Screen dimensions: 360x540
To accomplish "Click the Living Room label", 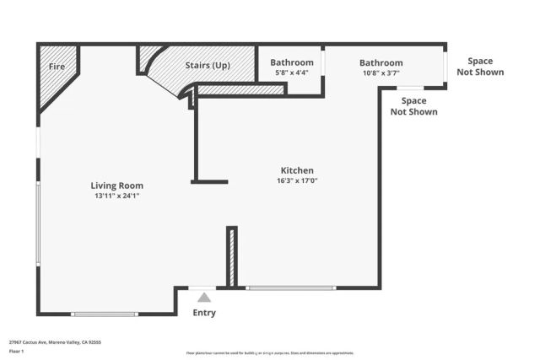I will (117, 185).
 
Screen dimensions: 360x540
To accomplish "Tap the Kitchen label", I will (297, 169).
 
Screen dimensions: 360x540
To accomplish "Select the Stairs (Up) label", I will (208, 65).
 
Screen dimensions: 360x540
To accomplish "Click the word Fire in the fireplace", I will (57, 66).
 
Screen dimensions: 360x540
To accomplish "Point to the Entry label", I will (204, 313).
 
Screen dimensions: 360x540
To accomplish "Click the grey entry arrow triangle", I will (204, 297).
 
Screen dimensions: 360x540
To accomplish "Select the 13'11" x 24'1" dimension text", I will (117, 196).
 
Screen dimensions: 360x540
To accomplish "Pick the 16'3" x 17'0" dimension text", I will (297, 180).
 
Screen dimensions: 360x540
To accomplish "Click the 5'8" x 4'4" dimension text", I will (292, 73).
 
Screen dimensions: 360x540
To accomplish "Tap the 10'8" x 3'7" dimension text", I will (381, 73).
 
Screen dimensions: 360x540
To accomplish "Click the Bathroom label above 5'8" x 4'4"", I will (292, 62).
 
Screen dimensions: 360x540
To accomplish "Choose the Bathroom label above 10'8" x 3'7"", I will (381, 62).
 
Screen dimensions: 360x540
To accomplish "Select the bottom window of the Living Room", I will (105, 314).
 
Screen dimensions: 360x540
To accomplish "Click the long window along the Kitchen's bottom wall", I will (290, 288).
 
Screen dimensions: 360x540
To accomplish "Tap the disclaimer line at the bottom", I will (269, 353).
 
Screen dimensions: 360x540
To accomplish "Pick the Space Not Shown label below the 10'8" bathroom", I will (413, 106).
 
